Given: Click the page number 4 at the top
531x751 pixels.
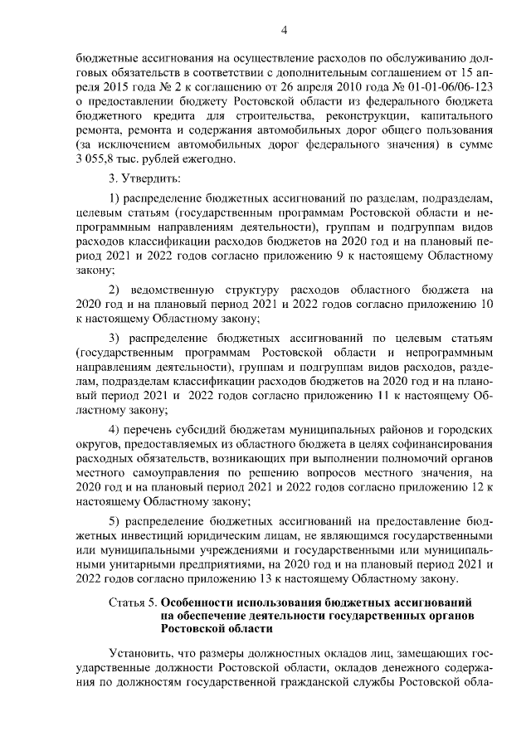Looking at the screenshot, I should click(x=283, y=31).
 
